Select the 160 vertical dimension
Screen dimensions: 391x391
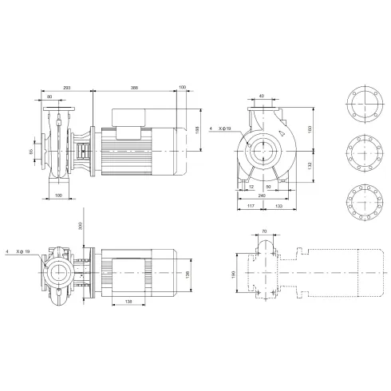click(310, 129)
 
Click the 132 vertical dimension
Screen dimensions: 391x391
click(310, 165)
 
